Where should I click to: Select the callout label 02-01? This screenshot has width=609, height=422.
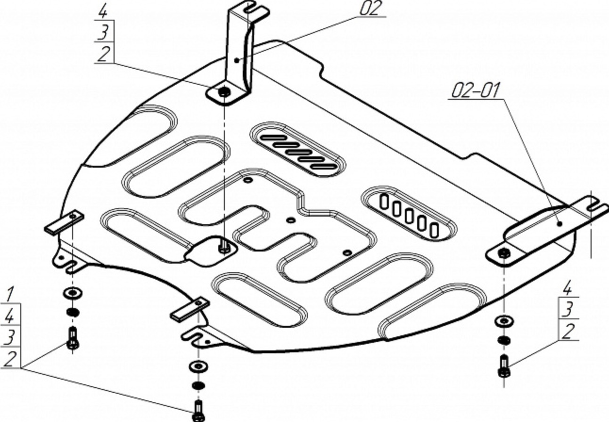[476, 90]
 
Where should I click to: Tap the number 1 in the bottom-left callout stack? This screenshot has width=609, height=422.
[9, 295]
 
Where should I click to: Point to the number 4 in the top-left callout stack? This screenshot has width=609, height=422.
[102, 12]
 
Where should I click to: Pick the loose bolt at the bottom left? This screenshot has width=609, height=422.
[73, 338]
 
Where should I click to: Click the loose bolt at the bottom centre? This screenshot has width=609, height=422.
[198, 411]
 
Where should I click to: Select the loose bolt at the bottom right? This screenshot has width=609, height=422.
[504, 367]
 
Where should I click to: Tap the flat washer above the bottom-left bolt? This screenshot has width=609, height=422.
[73, 293]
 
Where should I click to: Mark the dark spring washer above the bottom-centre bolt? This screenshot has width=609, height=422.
[198, 385]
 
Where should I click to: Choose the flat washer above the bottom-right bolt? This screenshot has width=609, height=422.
[504, 322]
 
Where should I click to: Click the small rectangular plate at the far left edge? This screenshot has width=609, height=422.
[64, 222]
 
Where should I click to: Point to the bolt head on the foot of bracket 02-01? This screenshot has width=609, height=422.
[504, 253]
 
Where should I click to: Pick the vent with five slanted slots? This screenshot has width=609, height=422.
[298, 149]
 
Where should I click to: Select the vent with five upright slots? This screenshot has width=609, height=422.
[409, 213]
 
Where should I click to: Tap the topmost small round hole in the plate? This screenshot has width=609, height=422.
[248, 180]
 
